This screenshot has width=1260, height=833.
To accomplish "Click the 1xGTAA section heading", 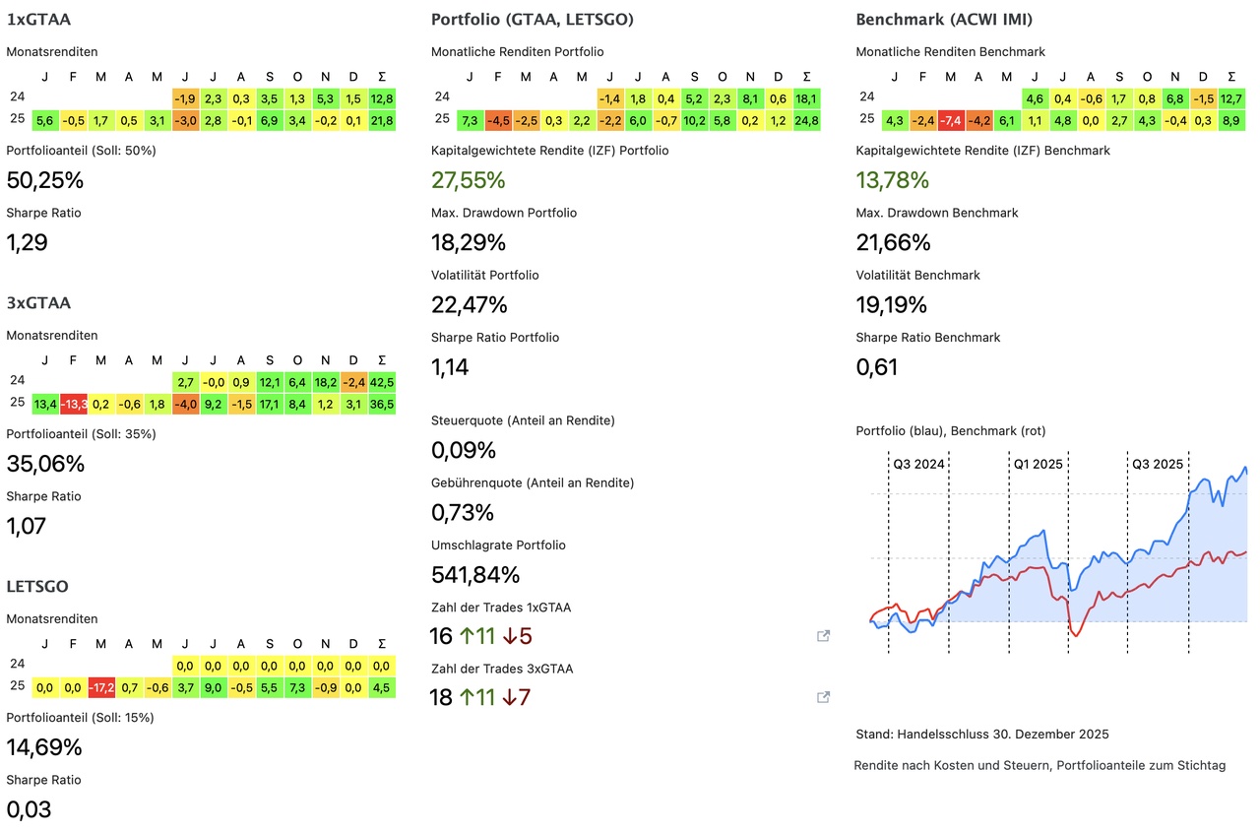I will [38, 19].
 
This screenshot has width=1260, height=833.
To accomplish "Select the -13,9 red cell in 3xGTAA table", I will [74, 404].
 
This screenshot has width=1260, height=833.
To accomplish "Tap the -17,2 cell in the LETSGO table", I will [101, 687].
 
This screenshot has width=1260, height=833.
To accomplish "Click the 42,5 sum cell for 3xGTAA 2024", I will [381, 381].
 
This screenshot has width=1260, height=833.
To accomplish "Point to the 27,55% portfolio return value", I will [468, 180].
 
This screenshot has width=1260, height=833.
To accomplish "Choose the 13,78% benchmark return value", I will [893, 180].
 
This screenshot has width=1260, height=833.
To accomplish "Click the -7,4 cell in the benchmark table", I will [950, 120].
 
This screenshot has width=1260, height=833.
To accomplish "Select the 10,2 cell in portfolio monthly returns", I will [694, 120].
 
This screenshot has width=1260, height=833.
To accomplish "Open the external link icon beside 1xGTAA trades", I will [824, 636].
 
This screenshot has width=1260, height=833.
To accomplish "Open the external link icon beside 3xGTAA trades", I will [824, 697].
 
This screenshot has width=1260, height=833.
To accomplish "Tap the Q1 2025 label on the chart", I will [1039, 463].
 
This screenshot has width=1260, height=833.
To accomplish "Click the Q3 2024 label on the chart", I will [918, 463].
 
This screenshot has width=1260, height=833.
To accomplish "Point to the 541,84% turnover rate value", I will [475, 574].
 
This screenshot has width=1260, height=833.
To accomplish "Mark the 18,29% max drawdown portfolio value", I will [468, 242].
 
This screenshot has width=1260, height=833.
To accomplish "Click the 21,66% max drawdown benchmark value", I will [893, 242].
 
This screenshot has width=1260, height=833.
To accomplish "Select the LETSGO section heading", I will [37, 586].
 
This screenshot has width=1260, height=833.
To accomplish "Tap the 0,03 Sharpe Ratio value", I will [29, 809].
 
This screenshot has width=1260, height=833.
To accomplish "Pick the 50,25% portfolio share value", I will [44, 180].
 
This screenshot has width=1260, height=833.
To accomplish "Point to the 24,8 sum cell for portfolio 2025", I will [806, 120].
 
